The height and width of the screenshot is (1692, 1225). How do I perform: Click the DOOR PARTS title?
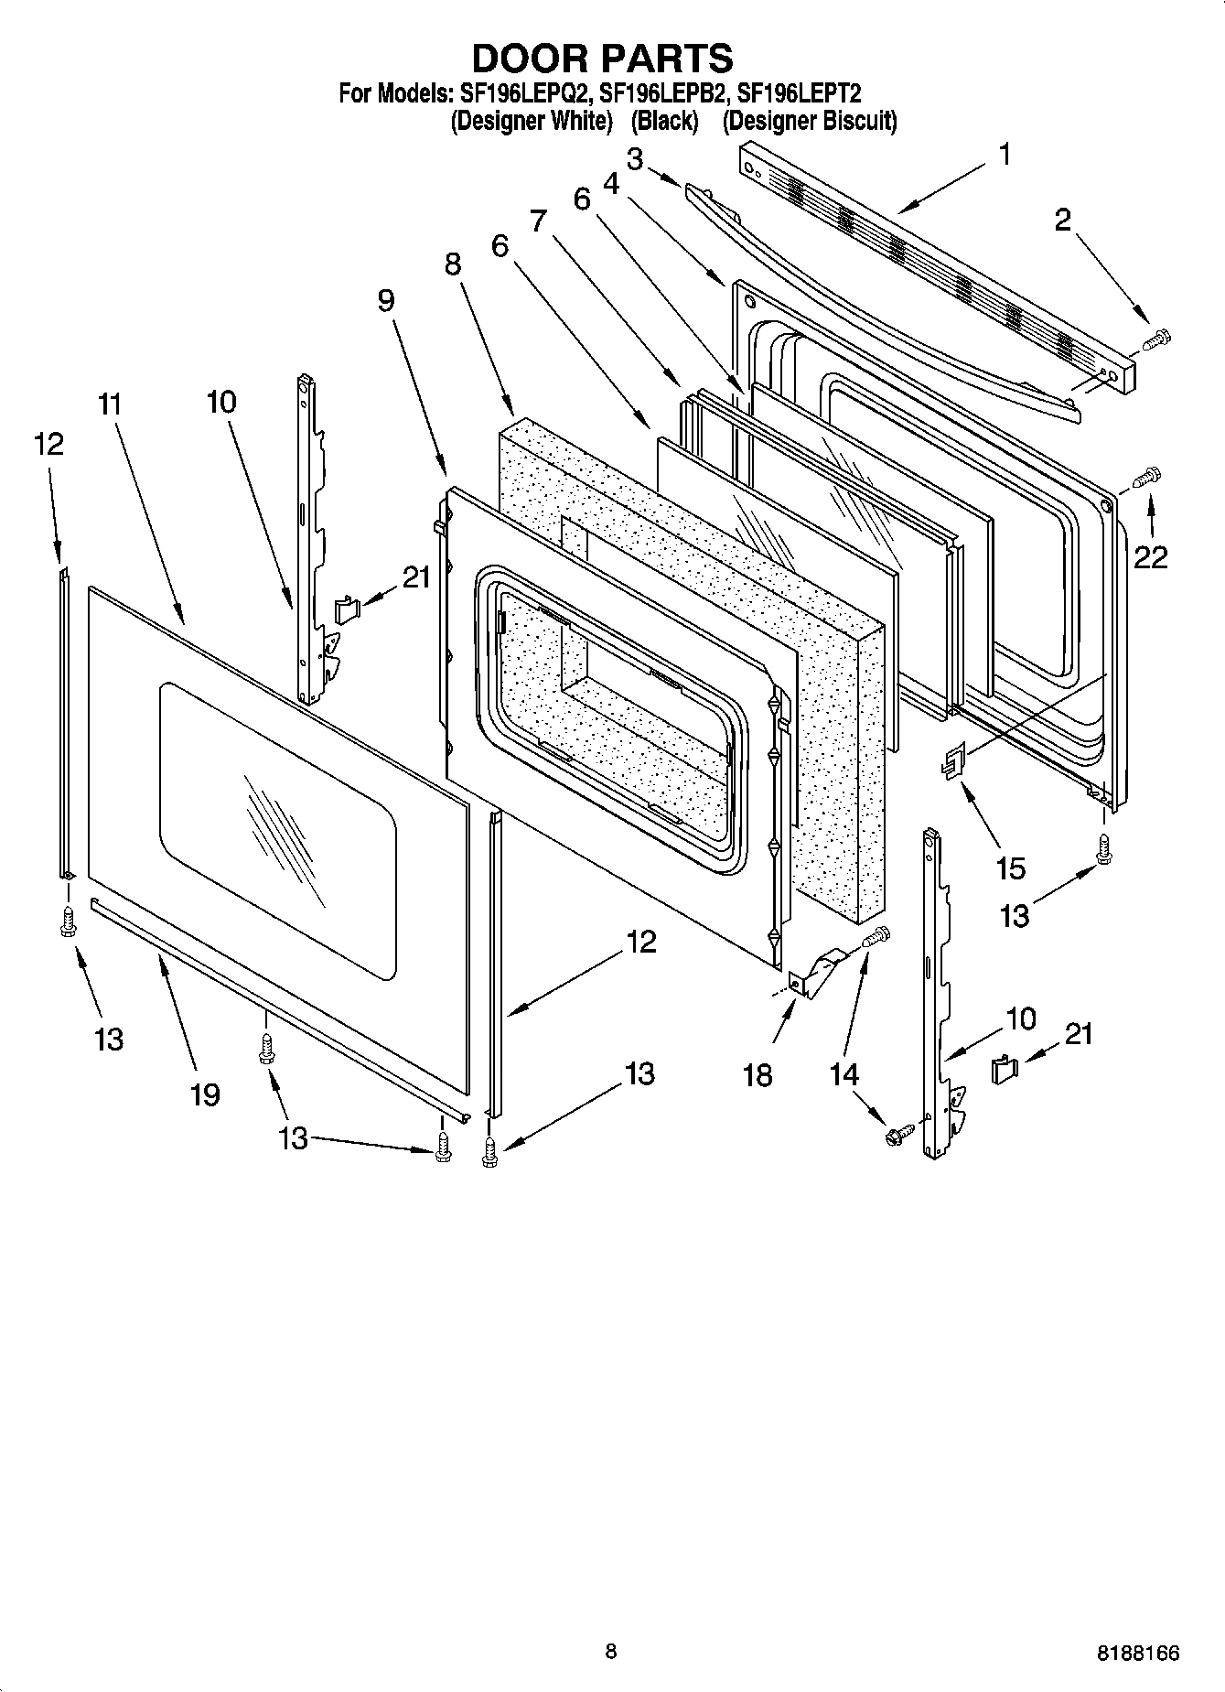click(x=602, y=58)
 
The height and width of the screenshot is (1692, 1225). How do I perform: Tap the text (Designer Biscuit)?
click(x=809, y=121)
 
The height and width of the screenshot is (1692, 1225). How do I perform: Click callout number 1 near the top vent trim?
click(x=1005, y=155)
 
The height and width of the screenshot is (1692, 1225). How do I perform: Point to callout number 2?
click(x=1062, y=220)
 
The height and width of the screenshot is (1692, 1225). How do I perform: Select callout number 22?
click(x=1151, y=555)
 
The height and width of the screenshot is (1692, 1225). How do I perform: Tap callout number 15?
click(x=1010, y=867)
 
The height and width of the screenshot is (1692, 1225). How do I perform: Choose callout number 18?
click(x=758, y=1074)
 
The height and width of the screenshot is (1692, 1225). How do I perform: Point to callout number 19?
click(x=205, y=1093)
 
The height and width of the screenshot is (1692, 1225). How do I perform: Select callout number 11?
click(x=110, y=404)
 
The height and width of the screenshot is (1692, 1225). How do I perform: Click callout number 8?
click(x=453, y=264)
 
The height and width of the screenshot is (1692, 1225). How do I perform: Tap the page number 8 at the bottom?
click(x=610, y=1651)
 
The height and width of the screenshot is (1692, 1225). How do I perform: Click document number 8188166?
click(x=1138, y=1653)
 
